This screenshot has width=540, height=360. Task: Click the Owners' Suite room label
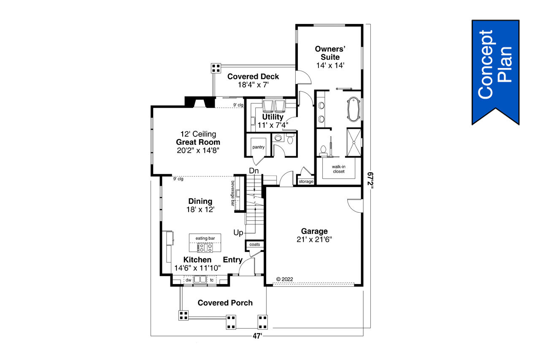(329, 53)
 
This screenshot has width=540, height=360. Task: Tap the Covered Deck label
(253, 76)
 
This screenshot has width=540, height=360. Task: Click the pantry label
(258, 147)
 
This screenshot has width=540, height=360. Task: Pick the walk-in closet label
(338, 169)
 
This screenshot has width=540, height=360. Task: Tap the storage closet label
(306, 181)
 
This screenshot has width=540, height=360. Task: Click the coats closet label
(255, 245)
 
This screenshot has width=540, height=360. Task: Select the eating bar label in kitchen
(205, 238)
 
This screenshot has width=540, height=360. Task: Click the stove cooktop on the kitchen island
(205, 247)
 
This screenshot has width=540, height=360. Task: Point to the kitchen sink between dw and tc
(200, 279)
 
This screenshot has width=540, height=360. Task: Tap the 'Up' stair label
(238, 233)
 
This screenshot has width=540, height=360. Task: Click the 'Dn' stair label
(254, 171)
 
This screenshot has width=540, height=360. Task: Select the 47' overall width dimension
(257, 336)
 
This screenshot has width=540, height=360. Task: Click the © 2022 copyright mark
(284, 279)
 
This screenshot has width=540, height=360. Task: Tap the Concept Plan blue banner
(495, 70)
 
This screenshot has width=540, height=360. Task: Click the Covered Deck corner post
(216, 68)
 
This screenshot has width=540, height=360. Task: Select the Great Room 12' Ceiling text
(198, 134)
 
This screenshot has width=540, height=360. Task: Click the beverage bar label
(232, 193)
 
